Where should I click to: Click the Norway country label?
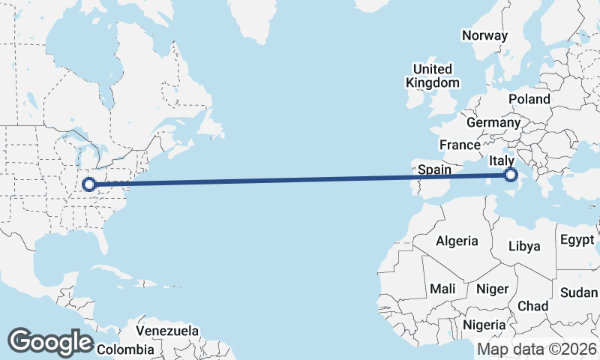tap(484, 35)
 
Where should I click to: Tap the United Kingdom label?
tap(432, 75)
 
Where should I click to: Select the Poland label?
tap(529, 99)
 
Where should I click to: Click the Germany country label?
tap(493, 122)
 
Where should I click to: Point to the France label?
tap(460, 145)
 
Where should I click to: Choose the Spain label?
tap(434, 169)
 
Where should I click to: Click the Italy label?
tap(501, 160)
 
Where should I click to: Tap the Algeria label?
tap(457, 241)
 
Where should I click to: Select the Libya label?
tap(523, 246)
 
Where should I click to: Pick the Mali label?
tap(442, 289)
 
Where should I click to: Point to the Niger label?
tap(493, 289)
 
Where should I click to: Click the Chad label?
tap(532, 306)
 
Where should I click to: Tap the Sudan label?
tap(579, 292)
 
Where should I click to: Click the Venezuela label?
tap(167, 330)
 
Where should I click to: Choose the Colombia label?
tap(125, 349)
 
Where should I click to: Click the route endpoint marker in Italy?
tap(511, 175)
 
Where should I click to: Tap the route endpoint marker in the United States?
tap(88, 184)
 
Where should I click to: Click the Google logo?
tap(50, 342)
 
